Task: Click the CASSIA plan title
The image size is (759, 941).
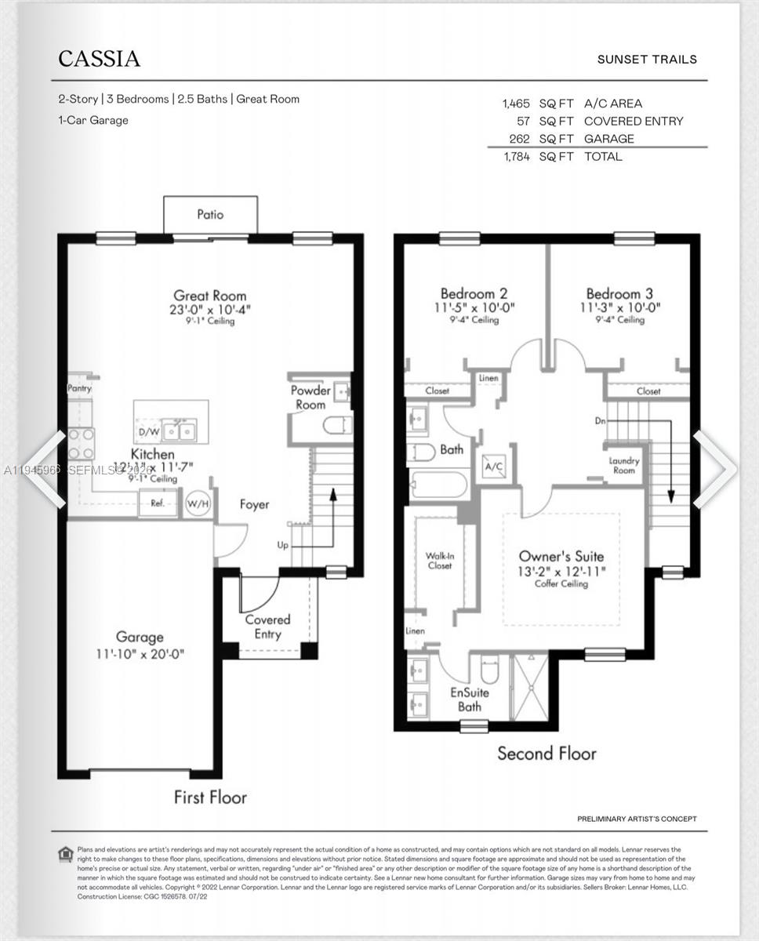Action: click(x=99, y=59)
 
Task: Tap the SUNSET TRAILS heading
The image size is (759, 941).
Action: click(x=646, y=60)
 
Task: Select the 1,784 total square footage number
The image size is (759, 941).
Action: click(x=516, y=157)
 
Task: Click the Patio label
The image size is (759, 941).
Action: click(x=209, y=214)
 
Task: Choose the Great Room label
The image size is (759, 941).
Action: click(x=209, y=296)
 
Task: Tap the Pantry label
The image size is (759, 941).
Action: click(x=79, y=388)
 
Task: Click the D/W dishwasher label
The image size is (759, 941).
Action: click(x=148, y=431)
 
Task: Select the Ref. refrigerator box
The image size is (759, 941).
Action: click(x=158, y=503)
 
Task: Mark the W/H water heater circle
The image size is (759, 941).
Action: click(x=198, y=503)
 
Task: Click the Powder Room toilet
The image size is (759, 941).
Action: click(x=337, y=425)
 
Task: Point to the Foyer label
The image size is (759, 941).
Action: click(x=254, y=504)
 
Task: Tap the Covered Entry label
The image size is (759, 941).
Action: click(x=267, y=627)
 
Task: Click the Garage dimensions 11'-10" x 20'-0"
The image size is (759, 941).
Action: click(x=140, y=654)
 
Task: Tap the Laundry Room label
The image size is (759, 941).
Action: click(x=624, y=466)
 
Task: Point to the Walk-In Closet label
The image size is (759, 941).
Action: click(x=439, y=560)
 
